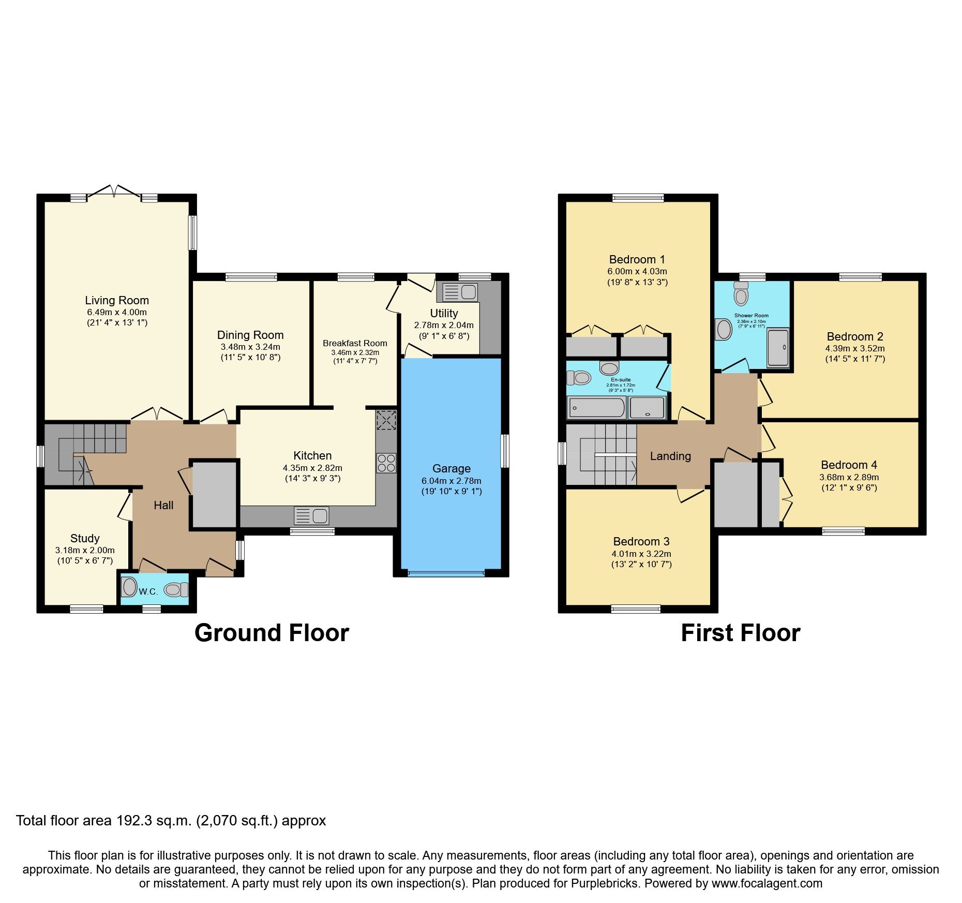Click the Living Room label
pyautogui.click(x=117, y=300)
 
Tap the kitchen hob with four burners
pyautogui.click(x=386, y=463)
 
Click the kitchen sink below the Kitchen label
pyautogui.click(x=311, y=516)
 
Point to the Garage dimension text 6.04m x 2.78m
pyautogui.click(x=451, y=481)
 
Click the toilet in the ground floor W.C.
pyautogui.click(x=176, y=589)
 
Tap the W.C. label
pyautogui.click(x=148, y=591)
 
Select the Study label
pyautogui.click(x=85, y=538)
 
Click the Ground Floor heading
pyautogui.click(x=272, y=633)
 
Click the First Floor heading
pyautogui.click(x=740, y=633)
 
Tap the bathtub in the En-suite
pyautogui.click(x=596, y=408)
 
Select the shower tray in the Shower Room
pyautogui.click(x=777, y=347)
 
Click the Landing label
pyautogui.click(x=670, y=456)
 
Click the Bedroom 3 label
pyautogui.click(x=641, y=541)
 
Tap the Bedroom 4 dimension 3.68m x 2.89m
pyautogui.click(x=849, y=477)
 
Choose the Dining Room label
pyautogui.click(x=250, y=335)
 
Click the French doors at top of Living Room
pyautogui.click(x=114, y=191)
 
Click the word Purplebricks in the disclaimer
pyautogui.click(x=604, y=883)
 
